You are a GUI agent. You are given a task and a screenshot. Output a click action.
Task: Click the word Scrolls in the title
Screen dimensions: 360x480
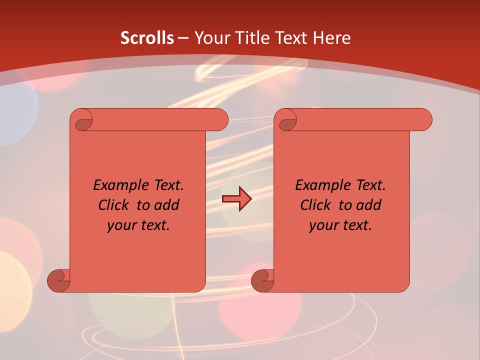click(x=147, y=38)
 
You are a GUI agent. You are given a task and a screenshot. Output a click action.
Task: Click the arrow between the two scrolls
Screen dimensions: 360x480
click(x=236, y=199)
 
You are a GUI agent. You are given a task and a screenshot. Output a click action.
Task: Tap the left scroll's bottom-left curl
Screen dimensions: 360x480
click(x=58, y=280)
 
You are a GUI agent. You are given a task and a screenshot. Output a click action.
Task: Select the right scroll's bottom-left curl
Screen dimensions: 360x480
click(x=262, y=280)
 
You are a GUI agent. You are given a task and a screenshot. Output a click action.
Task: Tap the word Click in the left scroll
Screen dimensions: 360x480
click(x=112, y=205)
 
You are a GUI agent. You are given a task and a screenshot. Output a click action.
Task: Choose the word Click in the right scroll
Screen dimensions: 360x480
click(x=315, y=205)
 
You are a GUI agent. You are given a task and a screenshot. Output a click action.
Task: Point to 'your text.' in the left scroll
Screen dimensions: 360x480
click(x=138, y=225)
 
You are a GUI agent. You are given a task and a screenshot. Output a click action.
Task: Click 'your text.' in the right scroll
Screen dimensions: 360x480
click(x=340, y=225)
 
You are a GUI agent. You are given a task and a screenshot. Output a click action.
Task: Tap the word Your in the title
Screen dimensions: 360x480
click(x=211, y=38)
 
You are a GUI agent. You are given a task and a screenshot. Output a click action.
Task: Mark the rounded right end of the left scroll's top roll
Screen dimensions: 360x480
click(x=220, y=120)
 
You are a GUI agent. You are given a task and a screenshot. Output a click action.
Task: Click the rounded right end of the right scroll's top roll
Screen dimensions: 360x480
click(x=424, y=120)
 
